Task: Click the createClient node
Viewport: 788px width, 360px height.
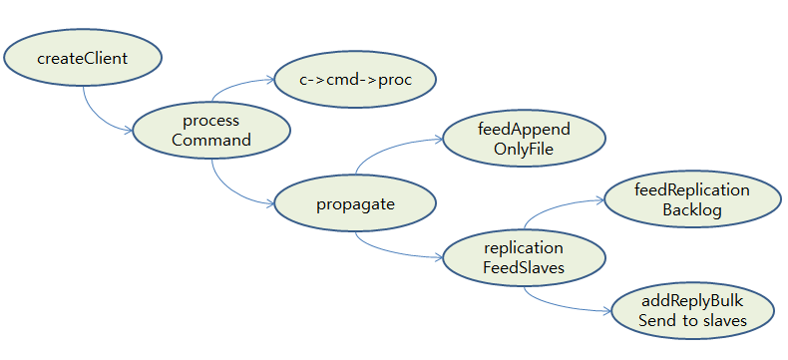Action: tap(82, 58)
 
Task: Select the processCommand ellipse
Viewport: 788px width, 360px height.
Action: tap(211, 130)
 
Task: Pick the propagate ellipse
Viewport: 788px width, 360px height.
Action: tap(355, 204)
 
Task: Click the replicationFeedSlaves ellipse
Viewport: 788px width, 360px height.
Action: tap(523, 257)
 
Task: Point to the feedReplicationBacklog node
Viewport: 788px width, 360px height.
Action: tap(691, 199)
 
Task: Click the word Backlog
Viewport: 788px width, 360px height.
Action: tap(691, 210)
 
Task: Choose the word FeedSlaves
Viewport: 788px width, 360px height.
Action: tap(523, 267)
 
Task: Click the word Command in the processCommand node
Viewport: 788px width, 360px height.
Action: tap(211, 140)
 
